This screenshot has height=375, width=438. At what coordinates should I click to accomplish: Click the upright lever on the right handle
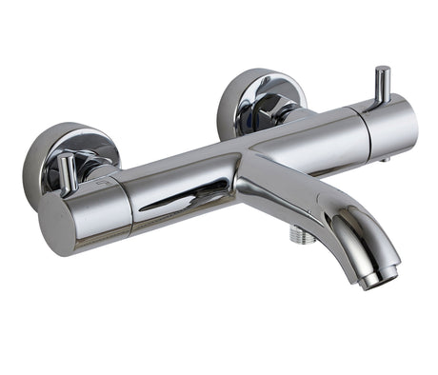pyautogui.click(x=383, y=86)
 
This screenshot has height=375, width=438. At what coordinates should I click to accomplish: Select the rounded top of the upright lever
pyautogui.click(x=383, y=70)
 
